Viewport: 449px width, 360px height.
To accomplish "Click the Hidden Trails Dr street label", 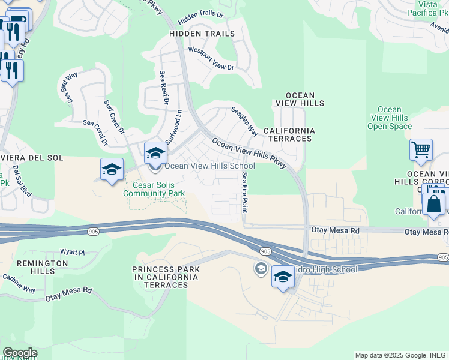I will click(x=200, y=14).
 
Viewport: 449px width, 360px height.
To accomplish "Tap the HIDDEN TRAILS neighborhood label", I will click(x=202, y=34).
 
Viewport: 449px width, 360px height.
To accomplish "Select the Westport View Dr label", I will click(x=211, y=59).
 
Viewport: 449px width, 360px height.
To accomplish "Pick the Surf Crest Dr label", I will click(x=114, y=116).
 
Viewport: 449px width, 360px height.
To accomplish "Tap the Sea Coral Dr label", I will click(x=96, y=133).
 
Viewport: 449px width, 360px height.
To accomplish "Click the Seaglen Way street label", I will click(x=245, y=121).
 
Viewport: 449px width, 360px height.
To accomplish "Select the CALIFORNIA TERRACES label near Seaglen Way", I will click(x=289, y=134).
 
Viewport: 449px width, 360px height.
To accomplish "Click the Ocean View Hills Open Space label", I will click(x=390, y=118).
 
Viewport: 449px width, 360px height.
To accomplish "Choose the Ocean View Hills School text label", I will click(x=209, y=166).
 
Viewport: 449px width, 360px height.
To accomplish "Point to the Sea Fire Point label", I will click(x=244, y=192).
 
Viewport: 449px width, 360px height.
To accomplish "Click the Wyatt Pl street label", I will click(x=73, y=253).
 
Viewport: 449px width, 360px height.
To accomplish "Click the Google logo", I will click(x=20, y=353).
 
